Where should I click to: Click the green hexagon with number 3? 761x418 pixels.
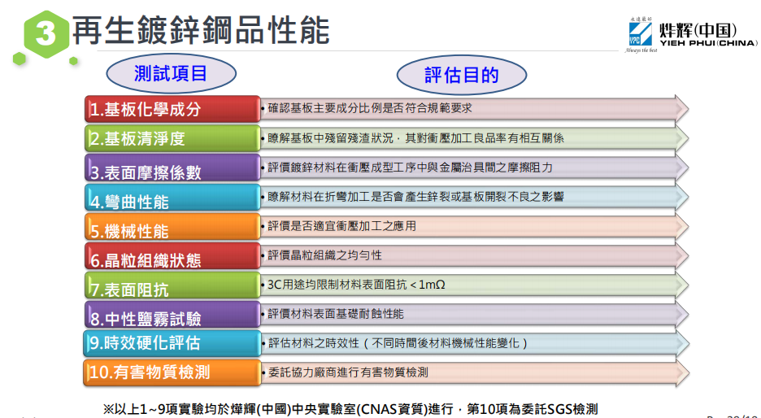(x=46, y=34)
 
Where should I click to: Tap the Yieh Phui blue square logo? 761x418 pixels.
(x=640, y=34)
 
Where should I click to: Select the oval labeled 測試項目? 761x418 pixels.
(x=171, y=74)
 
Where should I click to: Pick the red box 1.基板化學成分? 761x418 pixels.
(x=172, y=109)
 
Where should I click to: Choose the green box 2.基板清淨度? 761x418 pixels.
(x=172, y=138)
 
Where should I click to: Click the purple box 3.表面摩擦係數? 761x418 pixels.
(x=172, y=168)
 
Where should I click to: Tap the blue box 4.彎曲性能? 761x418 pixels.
(x=172, y=197)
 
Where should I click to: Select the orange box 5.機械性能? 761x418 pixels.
(x=172, y=226)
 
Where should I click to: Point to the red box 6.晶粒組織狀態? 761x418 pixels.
(x=172, y=256)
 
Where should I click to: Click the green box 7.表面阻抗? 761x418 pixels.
(x=172, y=285)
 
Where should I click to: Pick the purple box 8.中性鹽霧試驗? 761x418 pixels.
(x=172, y=314)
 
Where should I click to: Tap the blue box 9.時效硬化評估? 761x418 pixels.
(x=172, y=343)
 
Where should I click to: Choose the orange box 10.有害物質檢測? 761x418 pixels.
(x=172, y=372)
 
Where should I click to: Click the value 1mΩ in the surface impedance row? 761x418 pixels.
(x=432, y=285)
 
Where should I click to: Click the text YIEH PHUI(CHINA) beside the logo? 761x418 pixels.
(x=708, y=43)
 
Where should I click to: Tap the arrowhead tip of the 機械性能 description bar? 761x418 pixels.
(x=688, y=227)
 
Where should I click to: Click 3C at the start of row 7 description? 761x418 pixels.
(x=275, y=285)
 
